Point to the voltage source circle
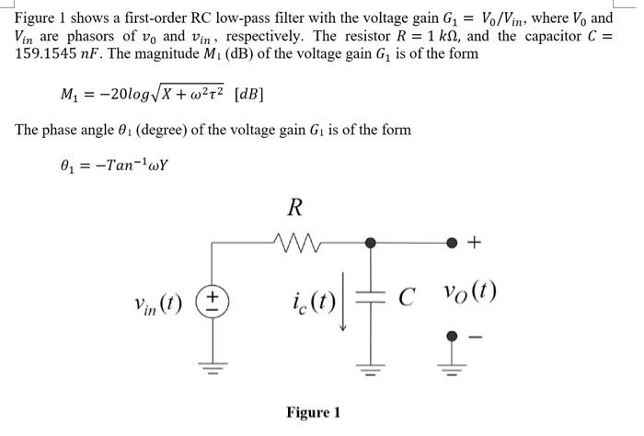pyautogui.click(x=213, y=300)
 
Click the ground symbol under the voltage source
pyautogui.click(x=213, y=369)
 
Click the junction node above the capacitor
pyautogui.click(x=371, y=243)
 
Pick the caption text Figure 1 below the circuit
pyautogui.click(x=313, y=412)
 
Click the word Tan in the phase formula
pyautogui.click(x=121, y=167)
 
